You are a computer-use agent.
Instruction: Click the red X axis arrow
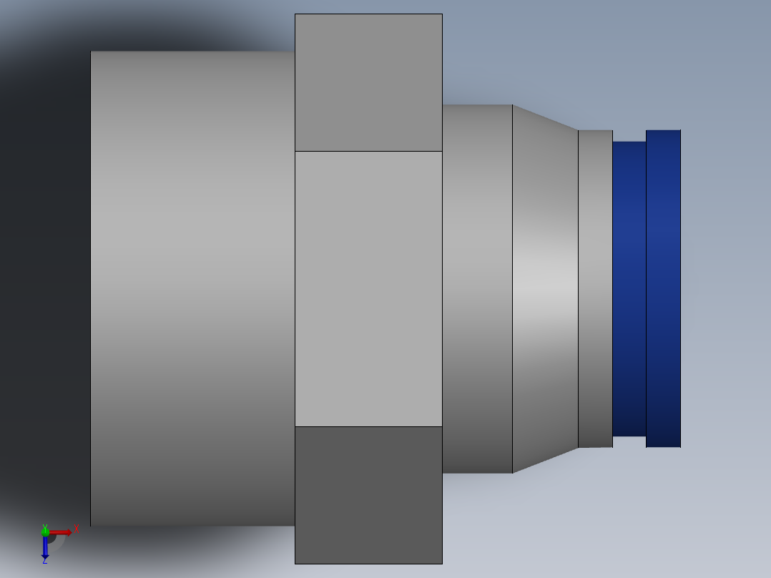[62, 532]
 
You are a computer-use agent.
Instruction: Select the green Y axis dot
[45, 532]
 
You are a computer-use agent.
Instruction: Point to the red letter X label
[76, 529]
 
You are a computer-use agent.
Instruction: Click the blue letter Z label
[44, 562]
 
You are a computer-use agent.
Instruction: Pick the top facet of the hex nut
[368, 82]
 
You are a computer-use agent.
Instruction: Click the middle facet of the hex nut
[368, 288]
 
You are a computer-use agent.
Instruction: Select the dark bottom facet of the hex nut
[368, 495]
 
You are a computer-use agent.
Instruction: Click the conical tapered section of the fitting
[545, 288]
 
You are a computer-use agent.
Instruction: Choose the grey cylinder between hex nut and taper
[477, 288]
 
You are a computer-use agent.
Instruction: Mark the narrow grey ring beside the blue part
[595, 288]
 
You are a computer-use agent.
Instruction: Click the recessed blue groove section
[629, 288]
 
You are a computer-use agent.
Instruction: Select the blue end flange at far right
[663, 288]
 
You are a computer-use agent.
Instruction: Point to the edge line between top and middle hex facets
[368, 151]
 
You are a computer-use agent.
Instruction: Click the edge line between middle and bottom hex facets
[368, 426]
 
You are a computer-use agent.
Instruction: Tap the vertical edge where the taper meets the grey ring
[578, 288]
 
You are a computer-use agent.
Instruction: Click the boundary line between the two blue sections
[646, 288]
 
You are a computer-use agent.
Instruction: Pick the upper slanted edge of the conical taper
[545, 117]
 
